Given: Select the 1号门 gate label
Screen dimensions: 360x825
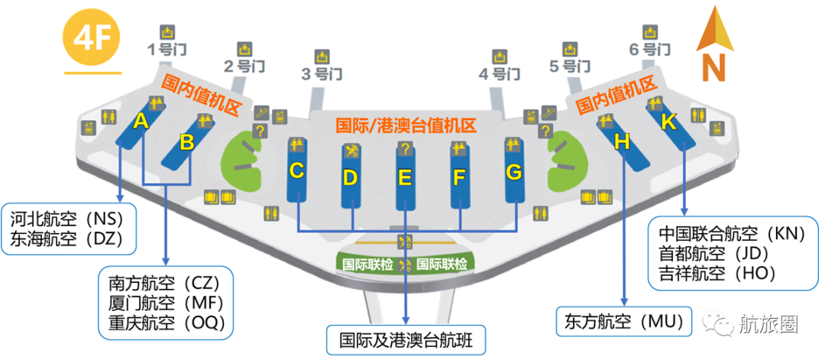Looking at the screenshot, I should click(167, 50).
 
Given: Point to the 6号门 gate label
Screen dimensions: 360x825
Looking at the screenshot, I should click(650, 50).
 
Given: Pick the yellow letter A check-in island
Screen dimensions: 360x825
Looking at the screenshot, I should click(140, 121).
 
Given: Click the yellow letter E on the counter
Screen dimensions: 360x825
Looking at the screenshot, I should click(405, 178).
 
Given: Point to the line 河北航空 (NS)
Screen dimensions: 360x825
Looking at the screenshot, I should click(70, 219).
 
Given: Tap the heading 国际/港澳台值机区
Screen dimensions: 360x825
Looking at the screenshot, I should click(406, 125).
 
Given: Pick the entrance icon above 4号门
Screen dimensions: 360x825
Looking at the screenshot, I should click(500, 57).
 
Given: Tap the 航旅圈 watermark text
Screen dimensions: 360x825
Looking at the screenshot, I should click(768, 324).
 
